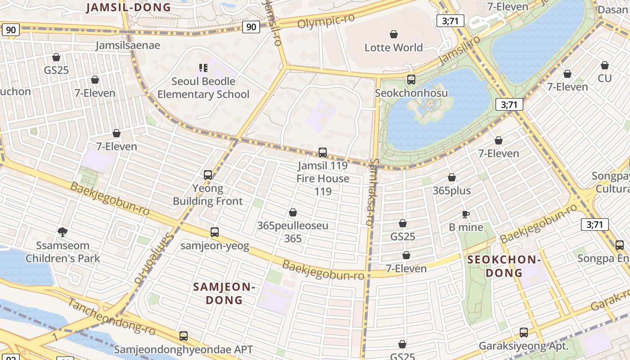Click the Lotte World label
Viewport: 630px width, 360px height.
(393, 47)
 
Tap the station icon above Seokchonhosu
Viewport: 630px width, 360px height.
(411, 80)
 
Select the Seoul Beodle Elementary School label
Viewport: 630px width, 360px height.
(203, 88)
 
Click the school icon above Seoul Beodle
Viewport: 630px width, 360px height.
(203, 68)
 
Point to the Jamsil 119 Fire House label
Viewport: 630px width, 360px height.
(323, 178)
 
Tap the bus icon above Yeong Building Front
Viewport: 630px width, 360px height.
(207, 175)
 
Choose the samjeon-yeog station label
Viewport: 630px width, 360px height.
(215, 246)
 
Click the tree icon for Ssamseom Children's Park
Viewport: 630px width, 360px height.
(63, 232)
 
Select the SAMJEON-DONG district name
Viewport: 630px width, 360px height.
(224, 293)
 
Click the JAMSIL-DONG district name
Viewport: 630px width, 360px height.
(129, 7)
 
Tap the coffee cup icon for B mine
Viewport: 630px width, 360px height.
(466, 214)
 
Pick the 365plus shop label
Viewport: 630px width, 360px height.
(451, 190)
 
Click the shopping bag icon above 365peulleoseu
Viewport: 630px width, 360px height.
(293, 212)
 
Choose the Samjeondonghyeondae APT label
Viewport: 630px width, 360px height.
(183, 349)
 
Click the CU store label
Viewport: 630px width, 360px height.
(604, 78)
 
